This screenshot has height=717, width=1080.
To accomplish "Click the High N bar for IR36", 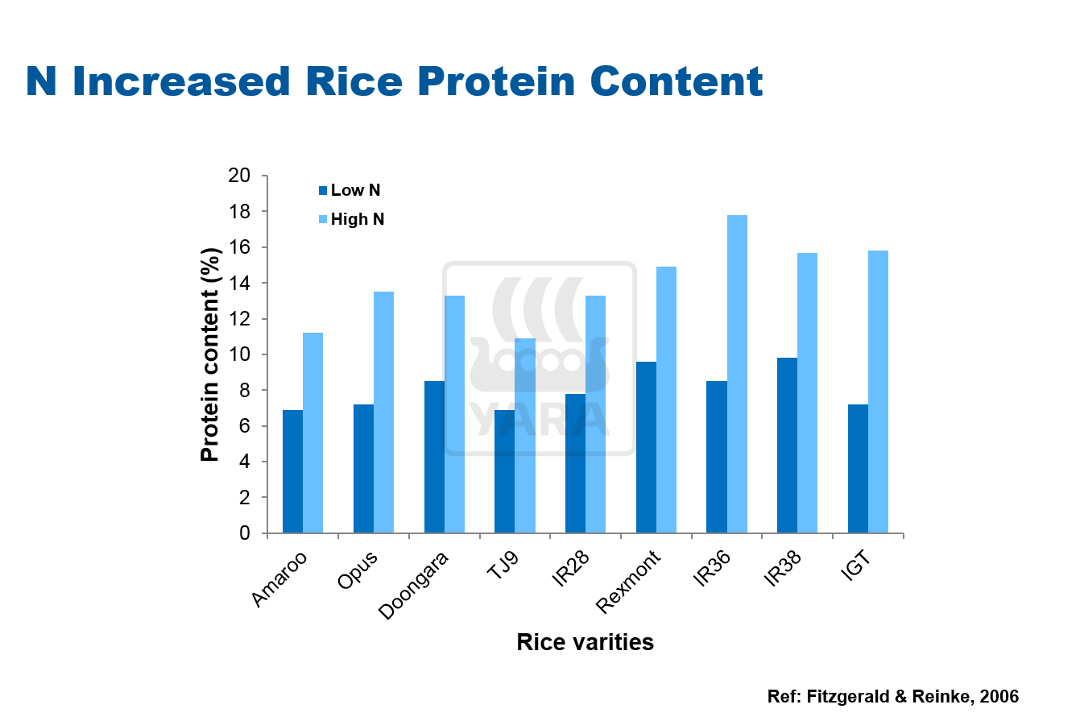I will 737,374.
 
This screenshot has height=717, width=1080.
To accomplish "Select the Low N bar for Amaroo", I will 292,471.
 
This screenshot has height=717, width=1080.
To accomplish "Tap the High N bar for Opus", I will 383,412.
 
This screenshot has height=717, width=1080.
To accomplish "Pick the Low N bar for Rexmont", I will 646,447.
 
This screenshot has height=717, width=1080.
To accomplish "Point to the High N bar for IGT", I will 878,392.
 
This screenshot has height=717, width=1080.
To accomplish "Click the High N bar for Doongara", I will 454,414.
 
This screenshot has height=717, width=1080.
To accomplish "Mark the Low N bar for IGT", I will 858,468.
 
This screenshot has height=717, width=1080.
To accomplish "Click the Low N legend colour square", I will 323,191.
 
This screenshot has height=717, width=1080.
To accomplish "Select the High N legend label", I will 358,219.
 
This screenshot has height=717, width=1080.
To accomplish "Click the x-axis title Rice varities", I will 585,642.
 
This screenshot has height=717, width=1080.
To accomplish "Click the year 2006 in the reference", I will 999,696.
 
